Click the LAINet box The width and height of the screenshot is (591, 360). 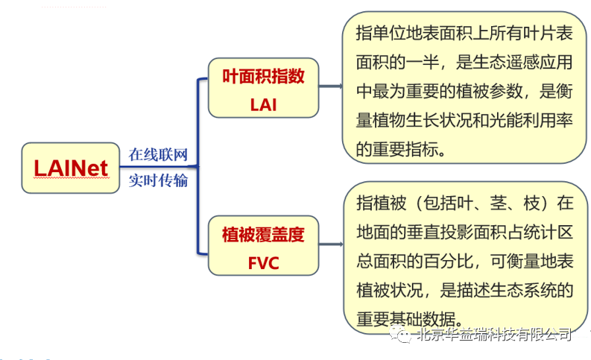pos(71,168)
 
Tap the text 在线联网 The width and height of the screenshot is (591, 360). pos(158,155)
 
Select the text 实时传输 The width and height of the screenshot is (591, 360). pos(158,180)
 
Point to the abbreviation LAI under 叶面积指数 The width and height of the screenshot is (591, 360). pos(263,104)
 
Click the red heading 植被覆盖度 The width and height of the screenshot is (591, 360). pos(263,235)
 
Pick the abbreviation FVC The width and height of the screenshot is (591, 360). pos(263,263)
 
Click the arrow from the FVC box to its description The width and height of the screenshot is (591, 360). pos(330,245)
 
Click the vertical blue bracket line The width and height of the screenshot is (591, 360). pos(198,168)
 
